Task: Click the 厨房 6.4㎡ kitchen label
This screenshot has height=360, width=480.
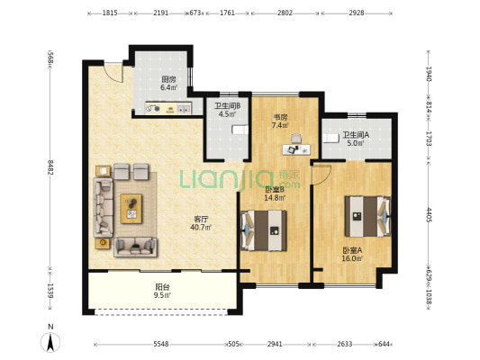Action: click(168, 83)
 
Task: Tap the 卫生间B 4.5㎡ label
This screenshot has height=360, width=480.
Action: click(227, 110)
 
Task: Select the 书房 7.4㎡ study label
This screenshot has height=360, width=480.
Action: click(280, 121)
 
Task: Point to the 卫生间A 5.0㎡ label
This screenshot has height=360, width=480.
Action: click(356, 139)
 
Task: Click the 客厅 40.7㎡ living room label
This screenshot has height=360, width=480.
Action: click(201, 223)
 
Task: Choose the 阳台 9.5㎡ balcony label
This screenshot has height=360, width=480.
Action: click(162, 291)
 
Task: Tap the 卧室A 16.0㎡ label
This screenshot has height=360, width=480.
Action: click(352, 254)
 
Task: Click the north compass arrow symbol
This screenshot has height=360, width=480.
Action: click(50, 342)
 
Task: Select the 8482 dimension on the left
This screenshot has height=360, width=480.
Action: click(50, 167)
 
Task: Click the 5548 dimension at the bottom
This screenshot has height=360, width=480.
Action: click(161, 344)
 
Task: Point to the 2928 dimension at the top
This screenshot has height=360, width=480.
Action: click(357, 13)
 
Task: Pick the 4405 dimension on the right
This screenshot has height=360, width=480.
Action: click(429, 215)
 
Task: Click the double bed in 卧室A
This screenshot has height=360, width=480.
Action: click(368, 217)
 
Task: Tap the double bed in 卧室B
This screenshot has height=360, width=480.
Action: click(264, 230)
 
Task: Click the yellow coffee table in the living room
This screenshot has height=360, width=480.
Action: click(131, 209)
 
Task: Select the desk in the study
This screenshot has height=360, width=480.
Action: click(296, 149)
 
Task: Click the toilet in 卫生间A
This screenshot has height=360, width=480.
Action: click(331, 139)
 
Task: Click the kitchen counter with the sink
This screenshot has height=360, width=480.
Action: click(168, 108)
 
